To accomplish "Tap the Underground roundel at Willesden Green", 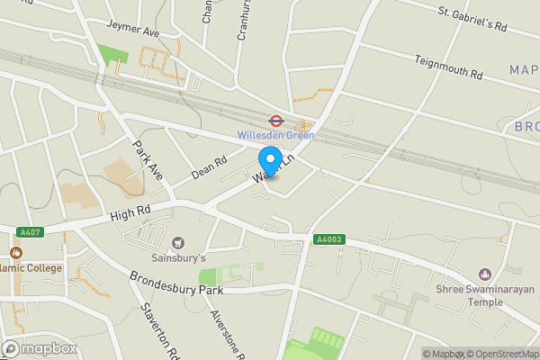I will coord(276,121).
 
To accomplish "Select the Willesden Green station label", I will coord(275,136).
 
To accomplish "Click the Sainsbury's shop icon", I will coord(177,242).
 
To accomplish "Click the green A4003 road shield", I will coord(328,239).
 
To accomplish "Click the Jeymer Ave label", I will coord(132,29).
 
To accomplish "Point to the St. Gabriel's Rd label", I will coord(473,19).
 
